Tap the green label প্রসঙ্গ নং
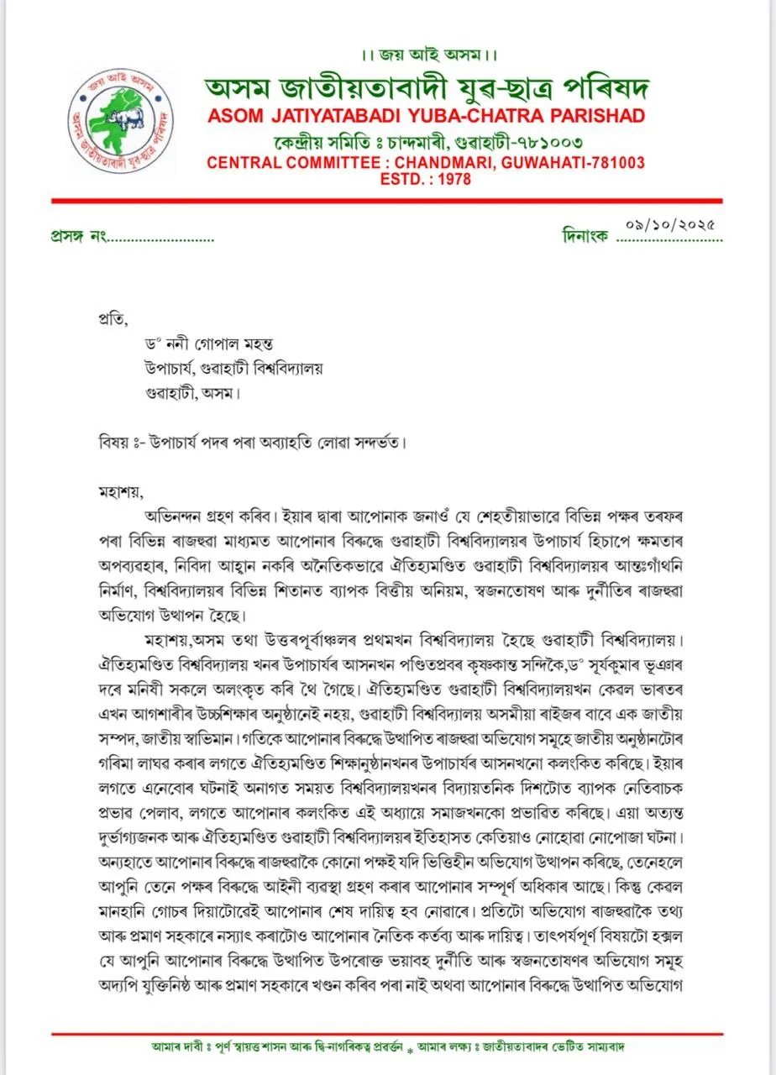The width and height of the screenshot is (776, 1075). tap(77, 237)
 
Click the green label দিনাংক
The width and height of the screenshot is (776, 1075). tap(585, 237)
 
